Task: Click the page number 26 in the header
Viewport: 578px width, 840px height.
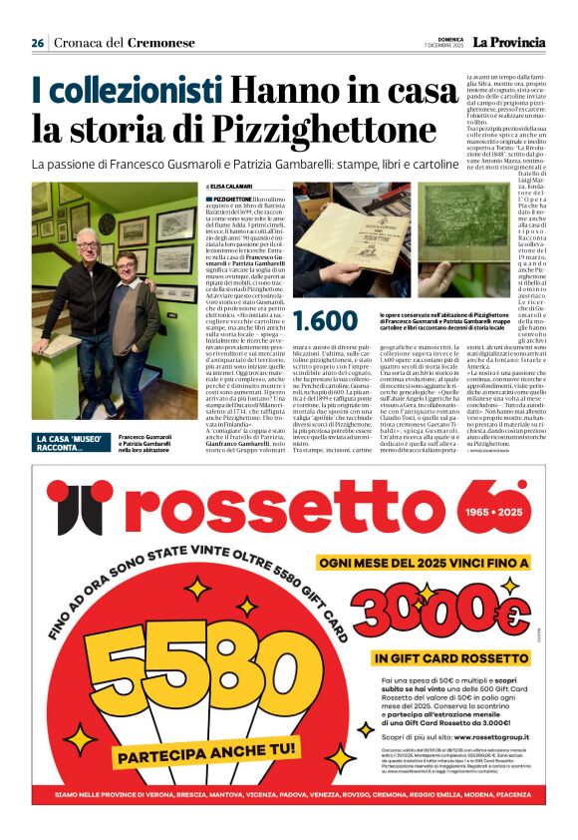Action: (38, 43)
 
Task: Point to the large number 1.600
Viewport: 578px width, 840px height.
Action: (324, 320)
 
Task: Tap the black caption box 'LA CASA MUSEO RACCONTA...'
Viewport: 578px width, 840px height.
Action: (72, 443)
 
